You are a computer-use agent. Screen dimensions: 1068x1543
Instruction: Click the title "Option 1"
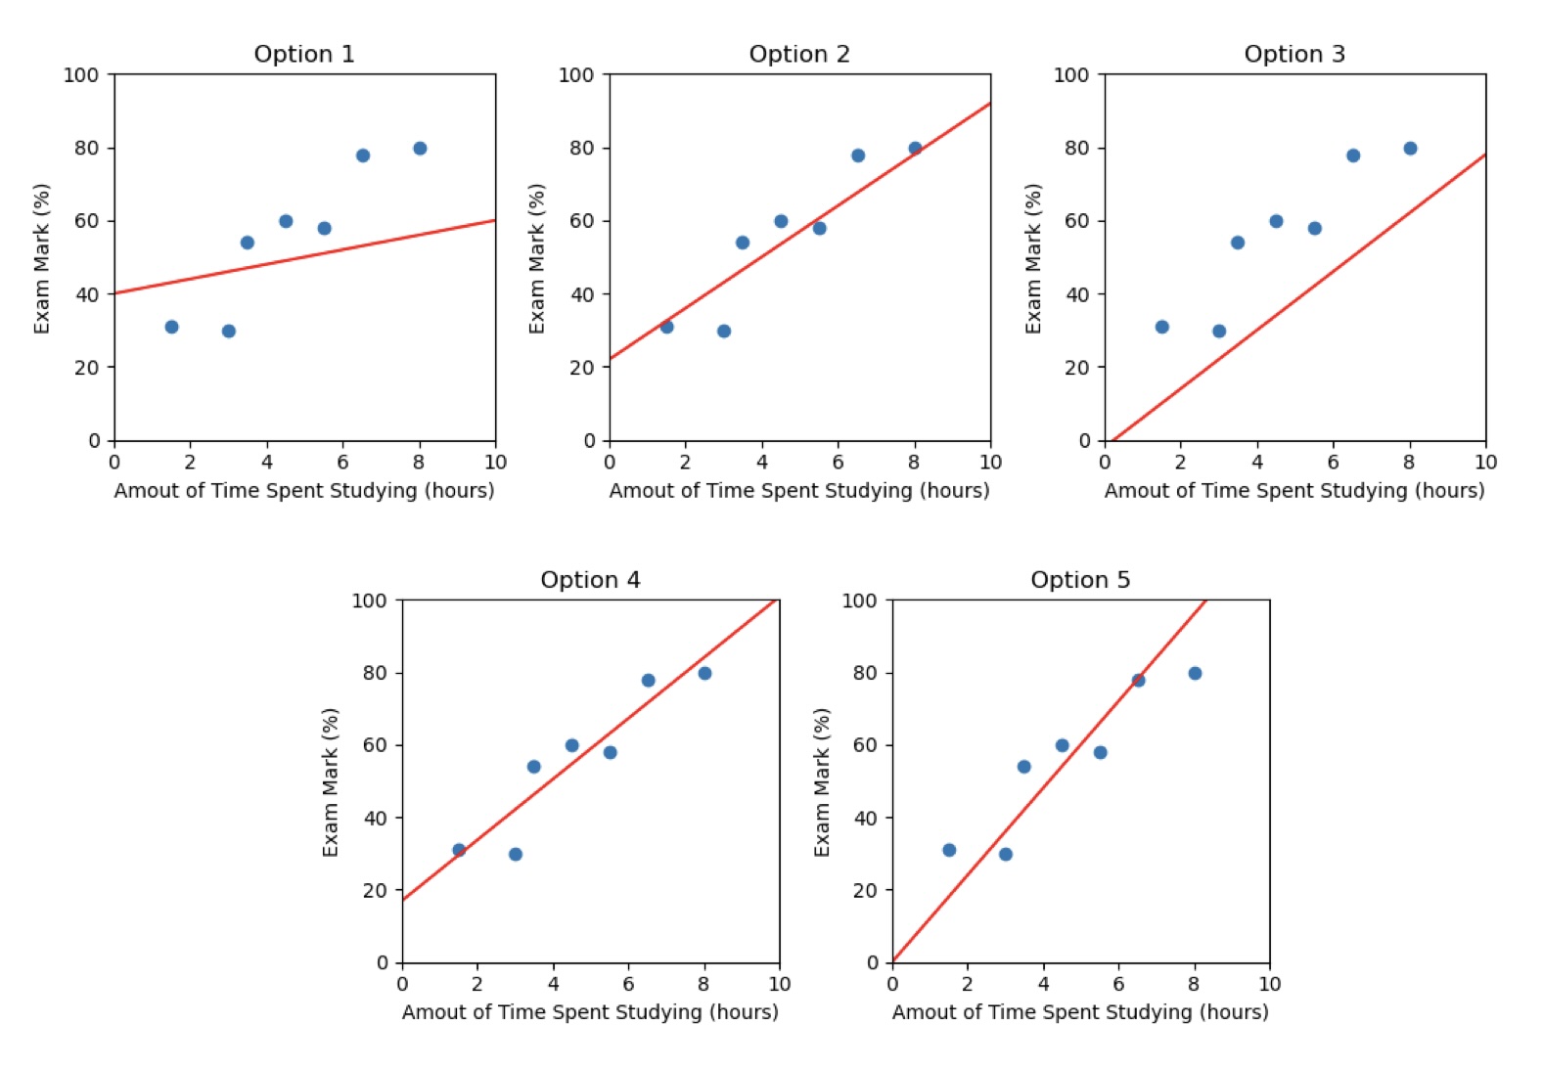[304, 54]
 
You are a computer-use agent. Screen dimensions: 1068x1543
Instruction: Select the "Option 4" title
[590, 580]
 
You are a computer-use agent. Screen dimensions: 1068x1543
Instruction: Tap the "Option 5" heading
[1080, 580]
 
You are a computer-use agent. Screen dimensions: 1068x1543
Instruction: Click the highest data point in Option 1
[420, 149]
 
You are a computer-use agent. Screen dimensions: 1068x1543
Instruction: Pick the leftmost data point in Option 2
[666, 327]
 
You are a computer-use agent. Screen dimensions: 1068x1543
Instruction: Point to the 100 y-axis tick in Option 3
[1071, 75]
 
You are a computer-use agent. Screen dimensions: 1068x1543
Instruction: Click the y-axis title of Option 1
[42, 258]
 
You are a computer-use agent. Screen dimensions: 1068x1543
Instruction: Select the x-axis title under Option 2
[799, 491]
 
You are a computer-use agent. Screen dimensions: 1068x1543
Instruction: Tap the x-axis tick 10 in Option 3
[1485, 463]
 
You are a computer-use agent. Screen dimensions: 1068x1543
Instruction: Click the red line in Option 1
[304, 257]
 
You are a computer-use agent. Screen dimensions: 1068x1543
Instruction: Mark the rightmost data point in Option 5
[1195, 673]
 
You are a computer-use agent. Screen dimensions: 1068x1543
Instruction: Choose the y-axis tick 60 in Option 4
[376, 745]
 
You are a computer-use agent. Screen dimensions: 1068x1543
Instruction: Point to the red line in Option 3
[1295, 299]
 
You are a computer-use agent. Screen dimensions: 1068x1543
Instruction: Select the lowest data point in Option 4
[516, 854]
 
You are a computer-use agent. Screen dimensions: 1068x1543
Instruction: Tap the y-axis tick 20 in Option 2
[582, 368]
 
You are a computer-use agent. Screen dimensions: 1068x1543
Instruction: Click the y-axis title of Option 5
[822, 782]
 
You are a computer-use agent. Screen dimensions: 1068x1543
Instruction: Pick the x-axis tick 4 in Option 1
[267, 463]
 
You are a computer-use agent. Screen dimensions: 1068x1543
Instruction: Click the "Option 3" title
[1294, 54]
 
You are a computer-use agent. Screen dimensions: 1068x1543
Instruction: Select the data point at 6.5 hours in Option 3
[1353, 156]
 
